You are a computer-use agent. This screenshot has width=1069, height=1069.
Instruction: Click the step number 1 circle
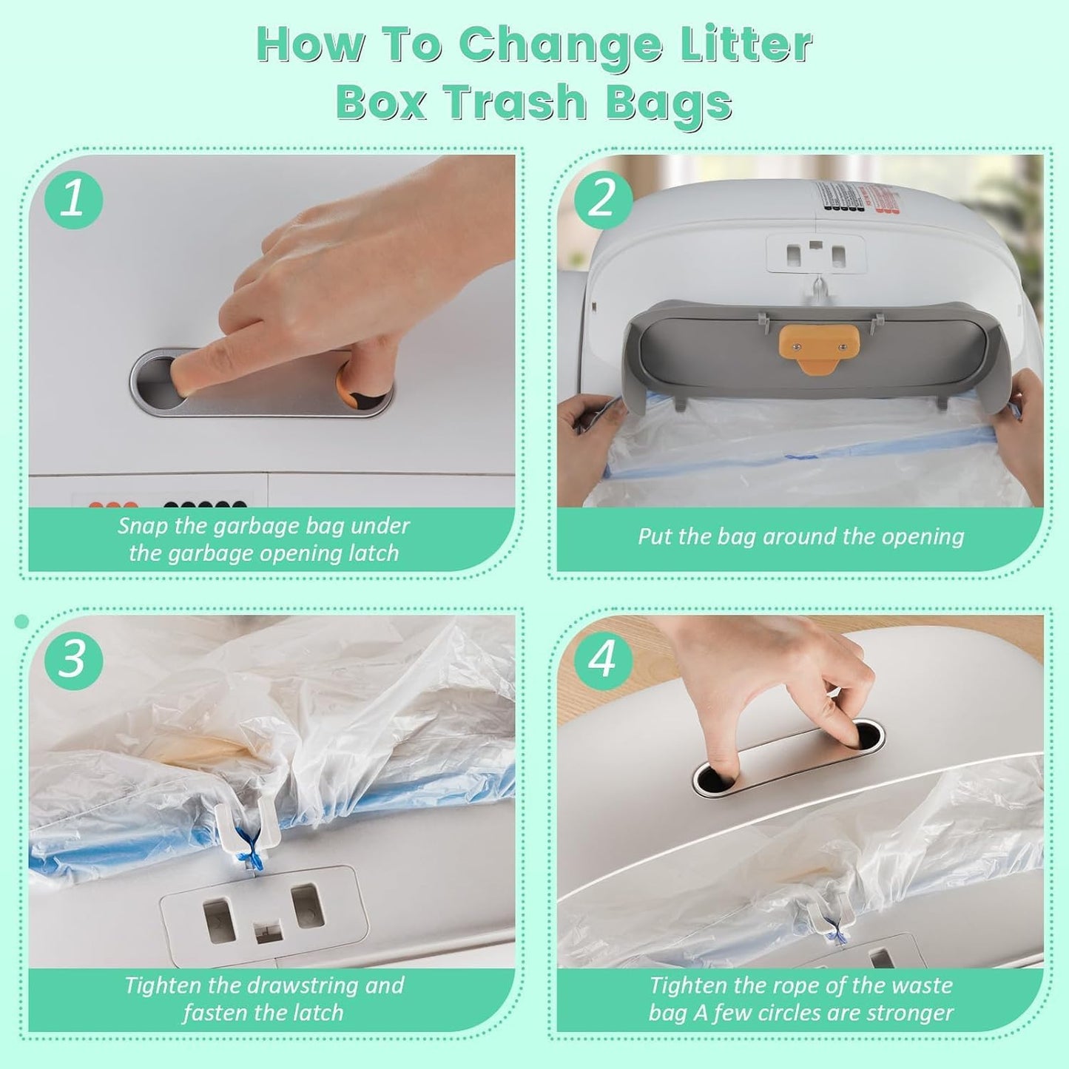pos(72,200)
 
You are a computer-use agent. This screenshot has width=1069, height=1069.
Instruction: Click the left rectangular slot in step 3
pos(220,921)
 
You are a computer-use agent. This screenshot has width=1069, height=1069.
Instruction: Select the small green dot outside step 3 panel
pos(21,621)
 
